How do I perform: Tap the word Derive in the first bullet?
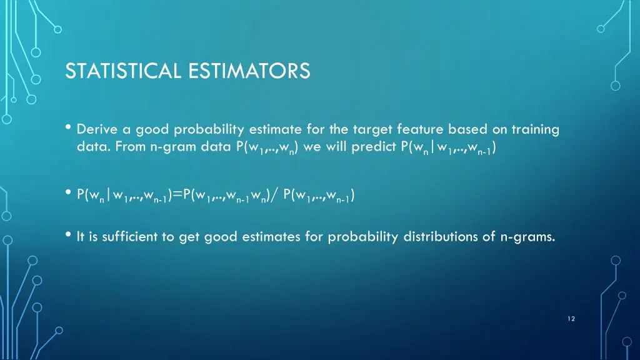(x=95, y=130)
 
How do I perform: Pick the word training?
(x=536, y=130)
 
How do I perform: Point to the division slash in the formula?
(x=275, y=196)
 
